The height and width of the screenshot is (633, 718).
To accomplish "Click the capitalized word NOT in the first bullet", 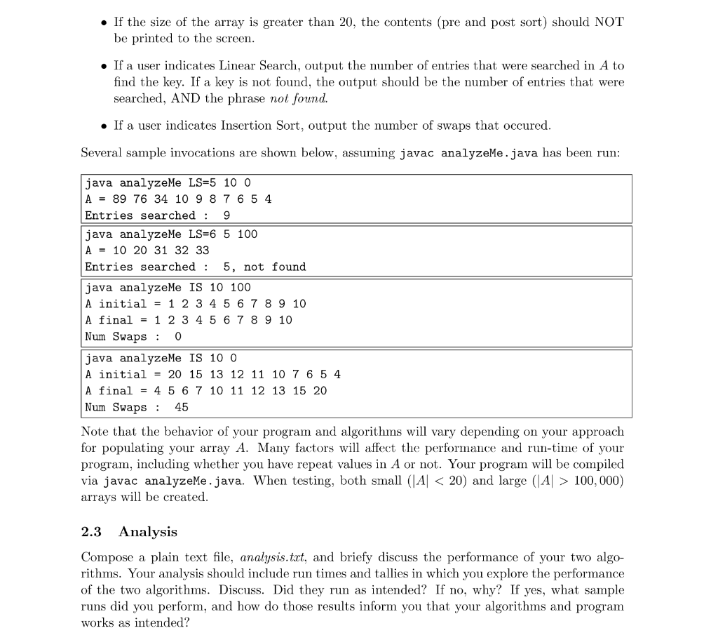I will coord(605,22).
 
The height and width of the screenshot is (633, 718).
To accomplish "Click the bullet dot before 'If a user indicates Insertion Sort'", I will coord(103,126).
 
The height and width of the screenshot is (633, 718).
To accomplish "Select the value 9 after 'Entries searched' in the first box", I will coord(226,215).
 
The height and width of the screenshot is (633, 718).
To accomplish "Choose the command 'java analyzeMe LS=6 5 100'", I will coord(171,234).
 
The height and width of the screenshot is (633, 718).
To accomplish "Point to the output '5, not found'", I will coord(264,267).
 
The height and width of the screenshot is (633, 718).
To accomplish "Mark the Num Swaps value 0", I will coord(178,337).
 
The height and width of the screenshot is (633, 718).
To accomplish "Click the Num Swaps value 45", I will coord(182,407).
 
